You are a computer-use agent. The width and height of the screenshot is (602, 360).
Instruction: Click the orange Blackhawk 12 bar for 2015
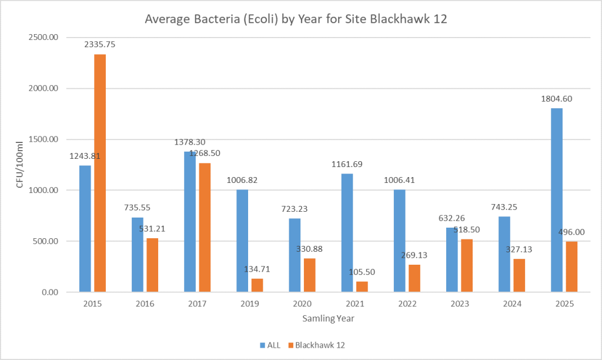click(x=100, y=173)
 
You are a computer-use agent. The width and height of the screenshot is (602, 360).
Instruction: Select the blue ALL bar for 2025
click(x=557, y=200)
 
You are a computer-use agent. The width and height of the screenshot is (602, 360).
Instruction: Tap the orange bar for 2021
click(x=362, y=286)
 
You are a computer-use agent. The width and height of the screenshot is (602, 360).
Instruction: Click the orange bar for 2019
click(x=257, y=285)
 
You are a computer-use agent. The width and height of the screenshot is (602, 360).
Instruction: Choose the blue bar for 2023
click(x=451, y=259)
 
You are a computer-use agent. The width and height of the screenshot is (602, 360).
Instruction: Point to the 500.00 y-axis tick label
click(x=45, y=241)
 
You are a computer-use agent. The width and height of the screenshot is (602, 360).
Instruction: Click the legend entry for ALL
click(x=270, y=345)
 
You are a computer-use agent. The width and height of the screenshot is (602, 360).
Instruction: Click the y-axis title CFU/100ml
click(x=19, y=165)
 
